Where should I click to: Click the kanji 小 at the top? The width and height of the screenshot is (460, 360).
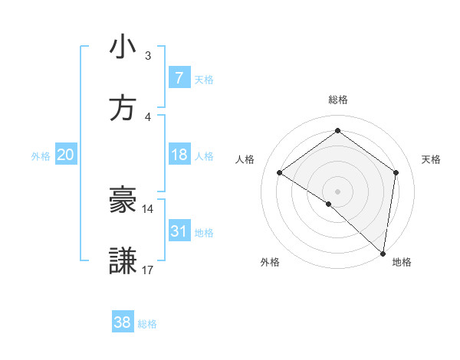coord(123,47)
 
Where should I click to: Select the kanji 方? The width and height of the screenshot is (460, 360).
coord(123,108)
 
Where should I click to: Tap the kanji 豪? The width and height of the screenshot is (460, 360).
coord(123,200)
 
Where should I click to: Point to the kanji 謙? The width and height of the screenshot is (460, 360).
coord(123,260)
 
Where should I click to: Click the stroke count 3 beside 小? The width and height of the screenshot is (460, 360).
coord(148,56)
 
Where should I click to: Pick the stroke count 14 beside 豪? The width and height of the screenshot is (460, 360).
coord(148,208)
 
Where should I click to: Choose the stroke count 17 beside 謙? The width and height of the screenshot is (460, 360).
coord(148,270)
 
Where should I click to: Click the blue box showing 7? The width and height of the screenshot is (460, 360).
coord(179,78)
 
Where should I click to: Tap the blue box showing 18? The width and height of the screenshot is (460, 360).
coord(179,155)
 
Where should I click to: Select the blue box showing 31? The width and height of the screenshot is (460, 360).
coord(179,231)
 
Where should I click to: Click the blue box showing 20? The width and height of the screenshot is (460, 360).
coord(65,155)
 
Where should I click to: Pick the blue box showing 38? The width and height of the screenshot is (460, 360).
coord(122,322)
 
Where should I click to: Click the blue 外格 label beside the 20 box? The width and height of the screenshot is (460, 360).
coord(41,156)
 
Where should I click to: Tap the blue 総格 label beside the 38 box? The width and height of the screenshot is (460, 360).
coord(147,324)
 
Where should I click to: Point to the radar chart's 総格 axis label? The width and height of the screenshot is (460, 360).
coord(337,100)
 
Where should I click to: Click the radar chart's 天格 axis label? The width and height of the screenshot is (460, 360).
coord(431,159)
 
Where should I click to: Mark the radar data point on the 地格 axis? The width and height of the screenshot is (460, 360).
coord(383,253)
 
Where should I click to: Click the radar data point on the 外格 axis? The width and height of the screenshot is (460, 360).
coord(329,204)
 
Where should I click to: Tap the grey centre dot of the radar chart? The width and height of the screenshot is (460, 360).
coord(337,191)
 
